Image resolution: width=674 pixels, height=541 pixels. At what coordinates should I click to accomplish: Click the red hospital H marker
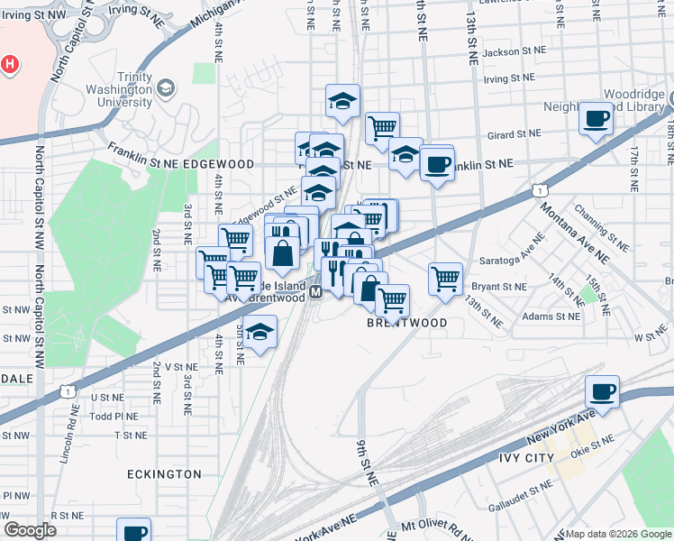tap(9, 65)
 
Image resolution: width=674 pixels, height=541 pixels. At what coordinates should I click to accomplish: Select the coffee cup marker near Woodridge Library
tap(597, 120)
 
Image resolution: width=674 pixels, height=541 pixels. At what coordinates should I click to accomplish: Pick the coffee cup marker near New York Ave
tap(602, 392)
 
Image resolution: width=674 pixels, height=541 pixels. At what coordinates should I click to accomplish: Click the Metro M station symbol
tap(315, 292)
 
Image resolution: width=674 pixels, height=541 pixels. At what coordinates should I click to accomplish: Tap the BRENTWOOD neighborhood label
tap(406, 322)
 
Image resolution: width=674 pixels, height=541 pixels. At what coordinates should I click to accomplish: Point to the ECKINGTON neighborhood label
tap(164, 473)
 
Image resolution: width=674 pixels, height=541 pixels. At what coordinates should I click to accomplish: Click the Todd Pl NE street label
tap(113, 416)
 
